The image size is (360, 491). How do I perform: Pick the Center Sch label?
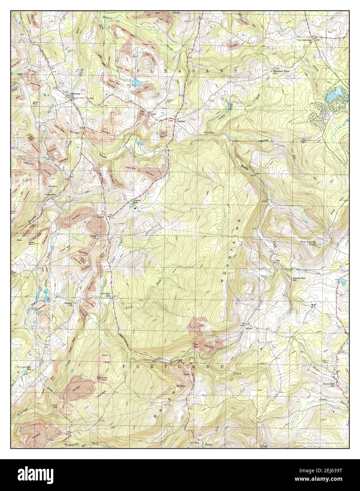(137, 202)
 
